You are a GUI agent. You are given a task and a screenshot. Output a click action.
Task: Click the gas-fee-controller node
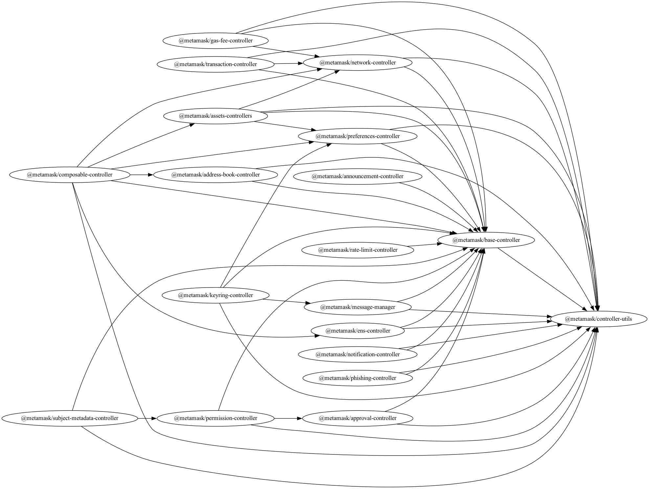point(215,41)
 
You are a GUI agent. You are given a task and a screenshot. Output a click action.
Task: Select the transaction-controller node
point(215,64)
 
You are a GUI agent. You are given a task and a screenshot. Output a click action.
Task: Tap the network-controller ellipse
point(358,62)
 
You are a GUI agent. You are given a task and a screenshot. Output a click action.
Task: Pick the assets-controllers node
point(215,116)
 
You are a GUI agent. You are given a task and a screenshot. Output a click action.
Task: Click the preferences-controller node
point(358,136)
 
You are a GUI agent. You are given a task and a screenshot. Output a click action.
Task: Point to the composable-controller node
point(70,175)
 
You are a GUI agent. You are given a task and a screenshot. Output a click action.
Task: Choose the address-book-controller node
point(215,175)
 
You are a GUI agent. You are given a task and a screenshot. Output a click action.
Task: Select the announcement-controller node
point(358,176)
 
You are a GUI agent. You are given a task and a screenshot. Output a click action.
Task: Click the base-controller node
point(486,240)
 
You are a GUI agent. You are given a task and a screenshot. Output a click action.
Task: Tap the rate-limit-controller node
point(358,250)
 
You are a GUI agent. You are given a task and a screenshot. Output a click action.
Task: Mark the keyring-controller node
point(215,295)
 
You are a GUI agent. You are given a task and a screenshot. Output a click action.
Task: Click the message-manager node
point(358,307)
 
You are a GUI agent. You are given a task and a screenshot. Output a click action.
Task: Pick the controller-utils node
point(598,319)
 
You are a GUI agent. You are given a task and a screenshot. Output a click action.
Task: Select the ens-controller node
point(358,331)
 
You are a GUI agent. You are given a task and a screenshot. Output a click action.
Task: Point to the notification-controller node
point(358,354)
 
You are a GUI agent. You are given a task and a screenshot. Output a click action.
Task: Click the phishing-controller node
point(358,378)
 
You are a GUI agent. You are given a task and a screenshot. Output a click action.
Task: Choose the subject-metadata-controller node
point(70,418)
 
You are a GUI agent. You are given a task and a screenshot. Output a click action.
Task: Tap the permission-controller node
point(215,418)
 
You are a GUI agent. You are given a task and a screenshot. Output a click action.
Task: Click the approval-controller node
point(358,418)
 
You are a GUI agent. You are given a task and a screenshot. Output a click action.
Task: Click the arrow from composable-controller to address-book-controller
point(142,175)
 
